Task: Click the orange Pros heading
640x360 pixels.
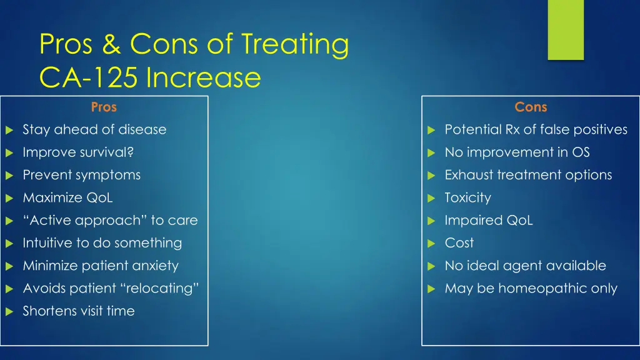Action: tap(104, 107)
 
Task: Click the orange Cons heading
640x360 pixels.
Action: tap(531, 107)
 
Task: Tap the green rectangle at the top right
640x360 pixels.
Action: tap(565, 29)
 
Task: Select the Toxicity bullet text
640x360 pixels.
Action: tap(467, 198)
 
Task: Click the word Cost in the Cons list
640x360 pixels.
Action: tap(459, 243)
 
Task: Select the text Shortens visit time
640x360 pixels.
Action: tap(79, 311)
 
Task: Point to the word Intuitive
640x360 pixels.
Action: tap(47, 243)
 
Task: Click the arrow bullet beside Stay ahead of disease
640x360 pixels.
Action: tap(9, 131)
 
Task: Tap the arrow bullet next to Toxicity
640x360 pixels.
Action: tap(431, 199)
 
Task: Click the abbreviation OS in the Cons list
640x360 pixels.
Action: tap(581, 152)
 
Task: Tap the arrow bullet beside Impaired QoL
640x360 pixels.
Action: tap(431, 221)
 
